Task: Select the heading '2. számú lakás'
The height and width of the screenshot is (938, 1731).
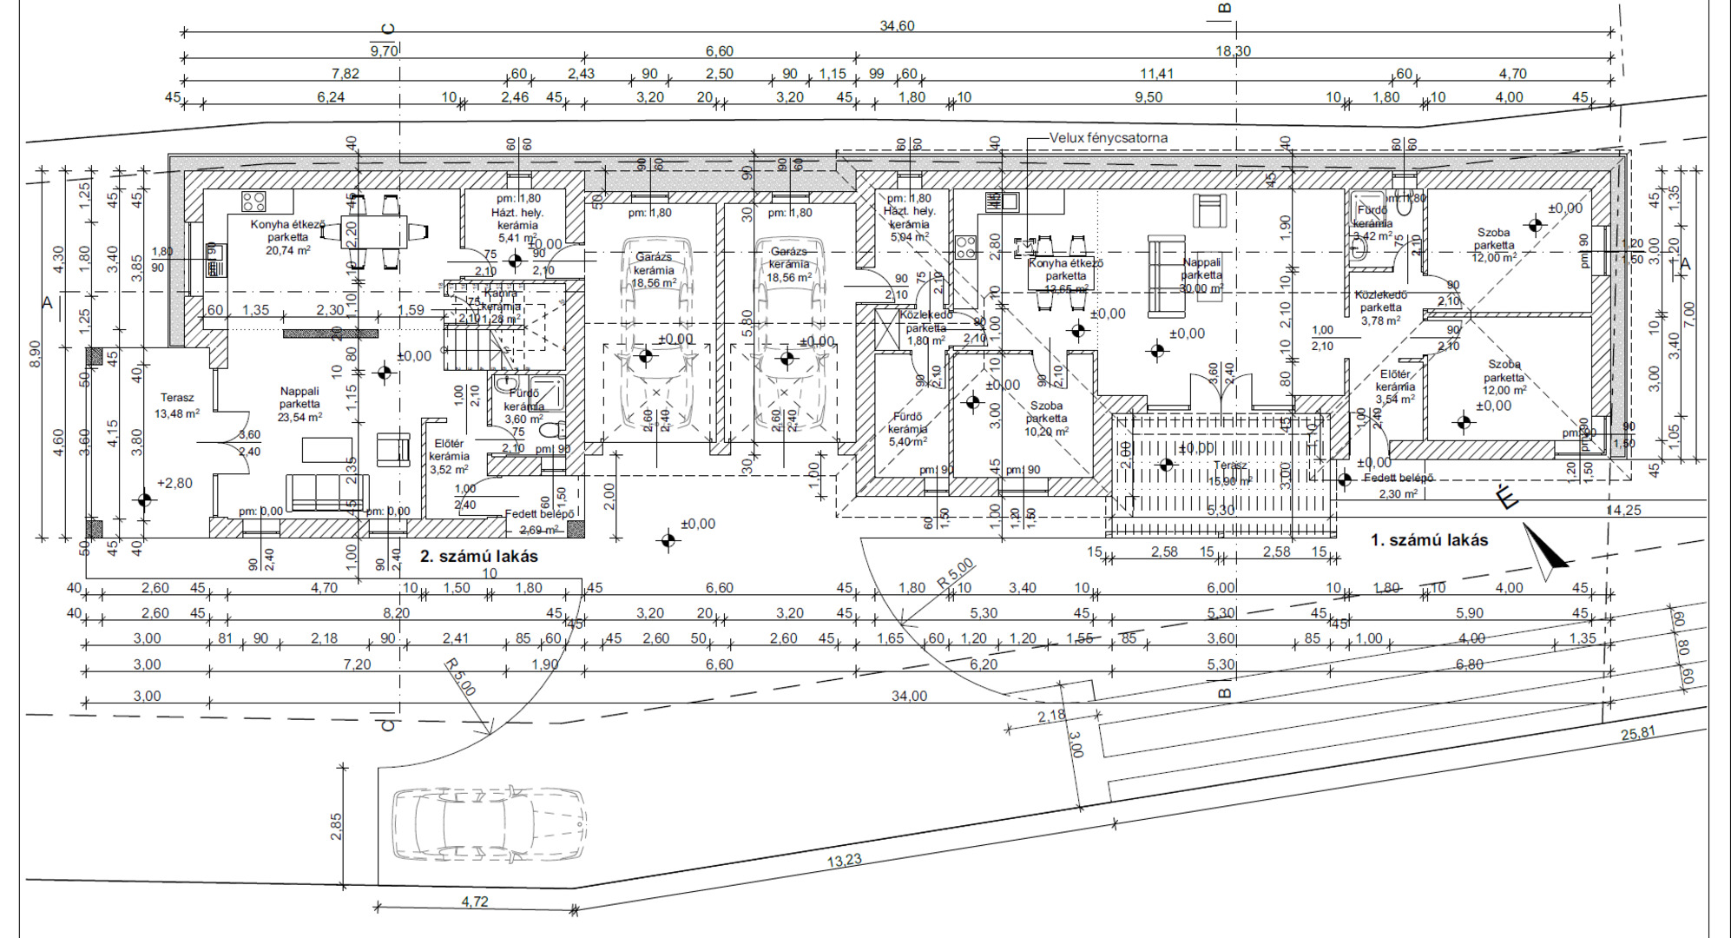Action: click(x=478, y=556)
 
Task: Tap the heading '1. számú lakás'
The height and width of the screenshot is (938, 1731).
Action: click(x=1429, y=540)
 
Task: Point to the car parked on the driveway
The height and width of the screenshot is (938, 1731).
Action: click(x=488, y=824)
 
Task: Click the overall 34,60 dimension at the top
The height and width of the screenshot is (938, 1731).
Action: click(x=897, y=26)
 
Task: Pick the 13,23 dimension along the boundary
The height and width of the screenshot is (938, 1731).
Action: click(x=844, y=861)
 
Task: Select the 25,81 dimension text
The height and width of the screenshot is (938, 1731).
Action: click(x=1637, y=734)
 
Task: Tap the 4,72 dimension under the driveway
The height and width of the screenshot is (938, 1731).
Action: click(x=474, y=902)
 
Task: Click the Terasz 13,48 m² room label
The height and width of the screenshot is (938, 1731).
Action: click(x=177, y=406)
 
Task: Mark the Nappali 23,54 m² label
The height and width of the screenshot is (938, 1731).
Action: click(x=299, y=404)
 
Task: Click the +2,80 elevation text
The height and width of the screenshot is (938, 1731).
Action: click(x=174, y=483)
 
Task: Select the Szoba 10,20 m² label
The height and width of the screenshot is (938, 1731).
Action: click(x=1046, y=418)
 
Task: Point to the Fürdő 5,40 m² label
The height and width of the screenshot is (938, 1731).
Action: click(x=907, y=429)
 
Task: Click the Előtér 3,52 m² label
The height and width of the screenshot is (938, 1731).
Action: click(x=449, y=456)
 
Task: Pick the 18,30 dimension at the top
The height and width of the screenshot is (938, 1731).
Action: click(x=1233, y=51)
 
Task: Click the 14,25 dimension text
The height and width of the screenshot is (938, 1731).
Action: click(x=1623, y=511)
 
